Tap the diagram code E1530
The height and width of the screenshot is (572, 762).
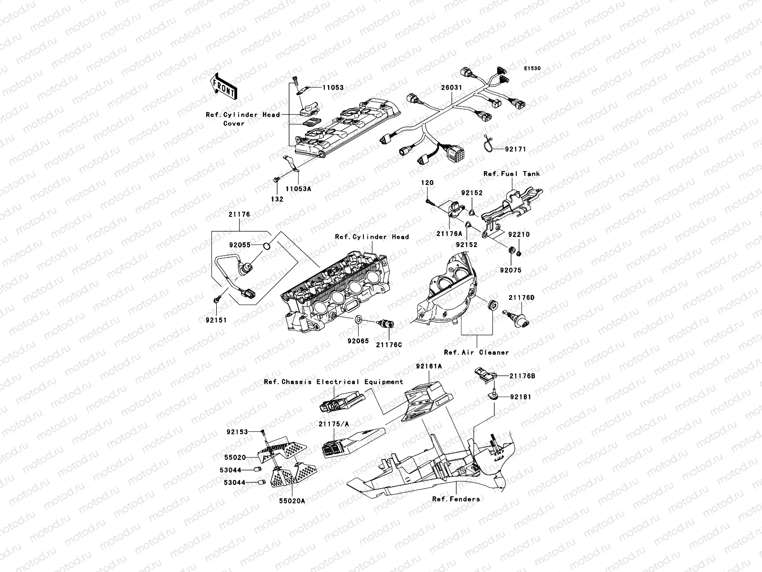pyautogui.click(x=532, y=69)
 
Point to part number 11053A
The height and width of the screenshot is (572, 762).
pyautogui.click(x=298, y=188)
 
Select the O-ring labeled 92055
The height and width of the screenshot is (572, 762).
pyautogui.click(x=268, y=246)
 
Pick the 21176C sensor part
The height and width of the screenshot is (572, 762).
pyautogui.click(x=384, y=324)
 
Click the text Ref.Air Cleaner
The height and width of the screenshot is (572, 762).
pyautogui.click(x=476, y=352)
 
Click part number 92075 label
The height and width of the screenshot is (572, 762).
pyautogui.click(x=511, y=270)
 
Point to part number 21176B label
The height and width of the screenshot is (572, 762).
pyautogui.click(x=522, y=376)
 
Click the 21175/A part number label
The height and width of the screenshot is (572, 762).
pyautogui.click(x=334, y=424)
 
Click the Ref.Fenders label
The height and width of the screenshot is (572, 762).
pyautogui.click(x=456, y=499)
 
